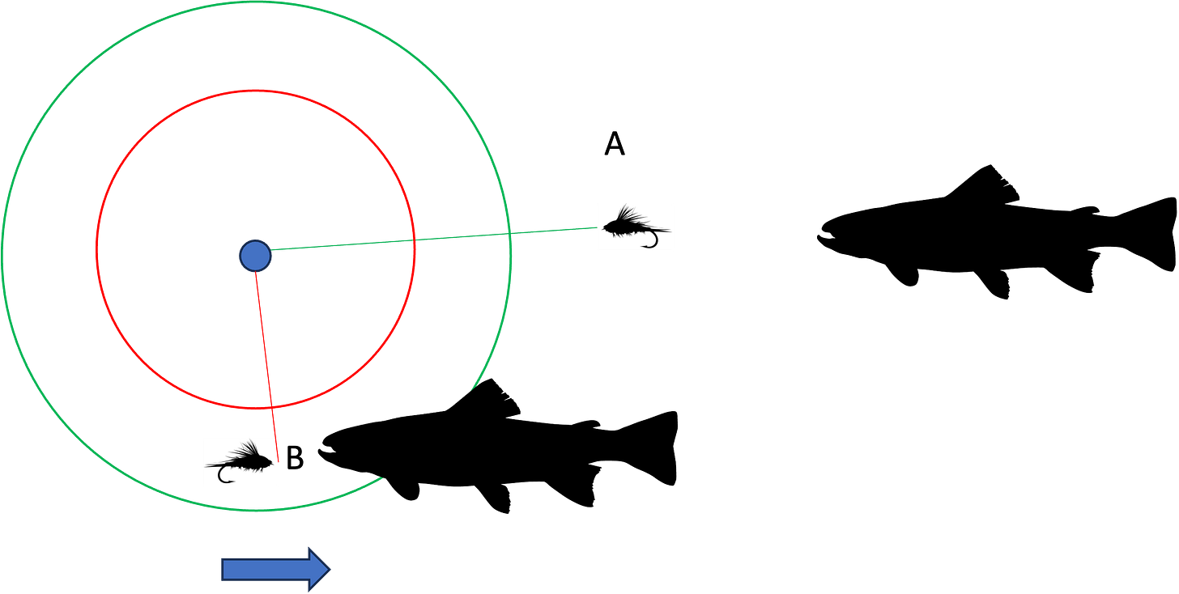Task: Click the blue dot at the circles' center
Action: [x=255, y=256]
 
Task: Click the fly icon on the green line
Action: [x=635, y=228]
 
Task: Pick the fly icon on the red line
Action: [x=240, y=462]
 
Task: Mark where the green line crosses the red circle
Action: [x=415, y=240]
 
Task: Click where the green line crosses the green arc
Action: [x=511, y=233]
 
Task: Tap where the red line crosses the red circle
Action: [x=271, y=406]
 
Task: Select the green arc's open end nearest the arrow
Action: [x=382, y=479]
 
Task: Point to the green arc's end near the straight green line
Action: [x=470, y=388]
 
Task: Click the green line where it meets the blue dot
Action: [x=273, y=249]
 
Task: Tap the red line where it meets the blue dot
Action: [x=257, y=274]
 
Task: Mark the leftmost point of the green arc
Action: [x=3, y=256]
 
